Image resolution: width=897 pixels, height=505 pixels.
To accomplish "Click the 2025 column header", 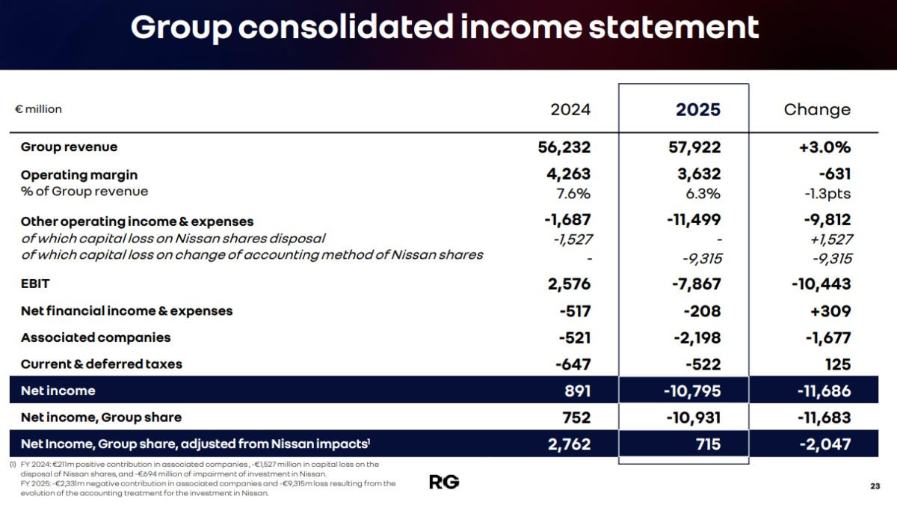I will [x=698, y=110].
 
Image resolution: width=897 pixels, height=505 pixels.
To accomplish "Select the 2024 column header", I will [x=570, y=110].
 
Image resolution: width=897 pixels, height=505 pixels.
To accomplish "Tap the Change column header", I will [x=817, y=110].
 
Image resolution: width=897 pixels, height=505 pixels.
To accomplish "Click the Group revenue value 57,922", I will [x=694, y=147].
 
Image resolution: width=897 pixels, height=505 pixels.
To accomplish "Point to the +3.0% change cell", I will [x=824, y=147].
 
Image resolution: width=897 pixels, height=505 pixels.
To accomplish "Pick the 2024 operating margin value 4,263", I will [x=568, y=174].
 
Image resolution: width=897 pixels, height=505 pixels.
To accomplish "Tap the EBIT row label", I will [x=35, y=284].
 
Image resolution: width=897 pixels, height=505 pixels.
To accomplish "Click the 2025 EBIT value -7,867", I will [x=694, y=284].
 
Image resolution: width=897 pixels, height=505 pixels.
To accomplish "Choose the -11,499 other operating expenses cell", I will [x=693, y=221].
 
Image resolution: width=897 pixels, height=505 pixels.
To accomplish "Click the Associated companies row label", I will [x=96, y=337].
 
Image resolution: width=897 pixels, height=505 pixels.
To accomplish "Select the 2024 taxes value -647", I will [x=573, y=364].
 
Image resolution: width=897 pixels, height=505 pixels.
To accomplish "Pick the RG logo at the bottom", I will [x=444, y=482].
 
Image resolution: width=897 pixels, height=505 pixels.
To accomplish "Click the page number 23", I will [x=875, y=487].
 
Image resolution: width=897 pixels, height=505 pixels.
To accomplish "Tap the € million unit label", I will [x=38, y=109].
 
